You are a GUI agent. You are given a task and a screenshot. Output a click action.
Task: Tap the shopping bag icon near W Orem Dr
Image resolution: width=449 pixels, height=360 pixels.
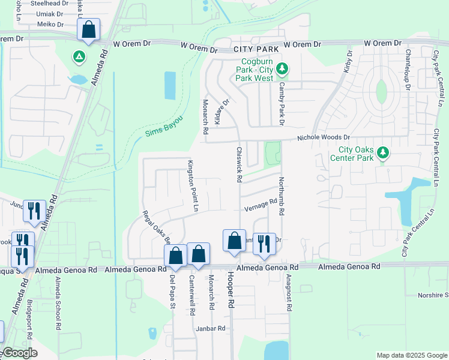coord(89,30)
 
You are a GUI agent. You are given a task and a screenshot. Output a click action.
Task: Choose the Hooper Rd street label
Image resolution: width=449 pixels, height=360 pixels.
coord(230,290)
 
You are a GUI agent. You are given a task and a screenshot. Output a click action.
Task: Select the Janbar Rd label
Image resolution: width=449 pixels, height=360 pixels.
coord(211,328)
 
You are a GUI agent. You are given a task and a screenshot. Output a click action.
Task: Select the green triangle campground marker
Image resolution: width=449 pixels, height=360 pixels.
coord(78,58)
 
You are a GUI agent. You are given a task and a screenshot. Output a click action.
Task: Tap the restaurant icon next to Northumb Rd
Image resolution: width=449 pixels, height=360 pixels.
coord(264,244)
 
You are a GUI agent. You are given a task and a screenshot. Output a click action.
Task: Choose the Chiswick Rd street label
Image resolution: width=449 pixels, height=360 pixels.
coord(239,164)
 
